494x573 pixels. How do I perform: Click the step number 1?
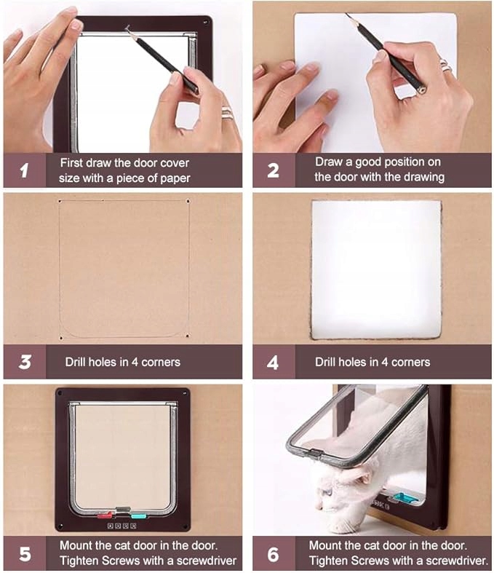(x=24, y=170)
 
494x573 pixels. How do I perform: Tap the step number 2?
(x=273, y=170)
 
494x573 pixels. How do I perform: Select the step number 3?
(x=25, y=362)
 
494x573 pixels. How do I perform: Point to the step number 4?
(x=273, y=363)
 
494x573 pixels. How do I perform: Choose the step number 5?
(x=25, y=554)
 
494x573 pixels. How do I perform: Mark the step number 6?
(x=273, y=554)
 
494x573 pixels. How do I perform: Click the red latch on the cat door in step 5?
(x=105, y=515)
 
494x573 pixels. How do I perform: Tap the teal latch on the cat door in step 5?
(x=138, y=515)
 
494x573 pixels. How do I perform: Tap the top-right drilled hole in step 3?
(x=188, y=201)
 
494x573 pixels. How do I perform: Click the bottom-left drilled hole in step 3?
(x=60, y=338)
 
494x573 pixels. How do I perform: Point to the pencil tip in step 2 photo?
(x=346, y=14)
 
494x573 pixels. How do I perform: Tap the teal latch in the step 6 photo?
(x=404, y=497)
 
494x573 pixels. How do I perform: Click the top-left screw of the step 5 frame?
(x=60, y=393)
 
